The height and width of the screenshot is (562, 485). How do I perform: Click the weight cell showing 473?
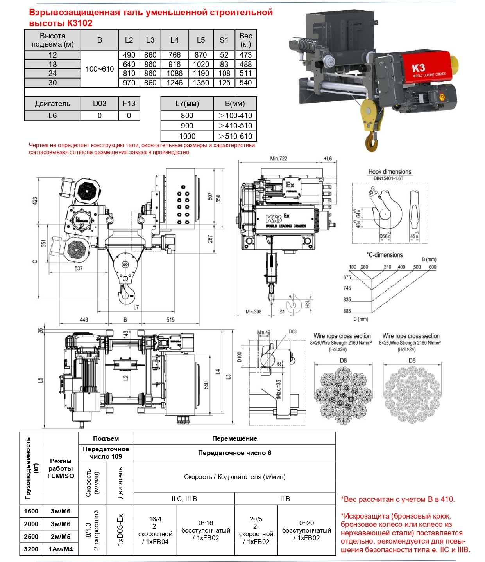(245, 55)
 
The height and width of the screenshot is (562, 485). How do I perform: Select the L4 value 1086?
(174, 73)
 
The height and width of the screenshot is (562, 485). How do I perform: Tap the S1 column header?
(224, 40)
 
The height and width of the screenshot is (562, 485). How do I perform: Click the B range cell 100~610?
(99, 69)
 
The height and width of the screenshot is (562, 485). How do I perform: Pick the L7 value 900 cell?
(187, 126)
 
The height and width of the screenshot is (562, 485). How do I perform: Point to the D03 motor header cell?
(99, 103)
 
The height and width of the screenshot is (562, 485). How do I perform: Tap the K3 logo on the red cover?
(418, 68)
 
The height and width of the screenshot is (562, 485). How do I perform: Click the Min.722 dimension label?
(278, 159)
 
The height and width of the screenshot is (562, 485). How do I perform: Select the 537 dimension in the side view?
(79, 268)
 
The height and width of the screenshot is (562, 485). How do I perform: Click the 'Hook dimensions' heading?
(390, 171)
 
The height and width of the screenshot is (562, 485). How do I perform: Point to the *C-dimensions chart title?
(385, 255)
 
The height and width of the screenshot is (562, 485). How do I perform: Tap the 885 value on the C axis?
(347, 311)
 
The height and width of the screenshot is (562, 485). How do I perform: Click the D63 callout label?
(292, 331)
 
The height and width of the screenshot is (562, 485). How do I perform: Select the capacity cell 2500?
(31, 537)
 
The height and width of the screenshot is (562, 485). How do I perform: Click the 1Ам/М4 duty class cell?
(61, 549)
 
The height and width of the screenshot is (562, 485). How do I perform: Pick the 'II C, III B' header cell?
(184, 499)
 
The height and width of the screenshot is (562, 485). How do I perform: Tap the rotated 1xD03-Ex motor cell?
(120, 530)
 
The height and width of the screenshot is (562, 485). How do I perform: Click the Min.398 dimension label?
(253, 312)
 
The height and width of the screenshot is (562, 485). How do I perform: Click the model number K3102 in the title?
(80, 23)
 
